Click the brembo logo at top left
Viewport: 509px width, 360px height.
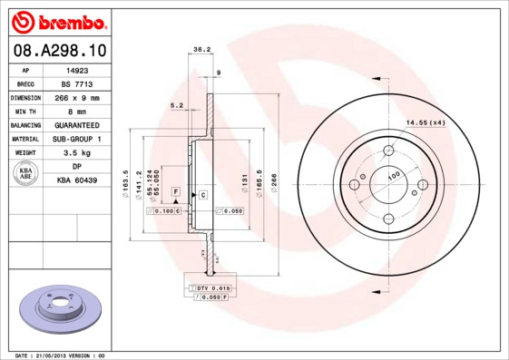56,20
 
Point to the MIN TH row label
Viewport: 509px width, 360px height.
24,111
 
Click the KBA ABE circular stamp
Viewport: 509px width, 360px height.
26,173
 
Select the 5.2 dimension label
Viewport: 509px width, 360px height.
177,106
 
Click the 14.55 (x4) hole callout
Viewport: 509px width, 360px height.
425,122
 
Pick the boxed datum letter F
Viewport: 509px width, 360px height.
176,194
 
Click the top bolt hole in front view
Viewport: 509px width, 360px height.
388,151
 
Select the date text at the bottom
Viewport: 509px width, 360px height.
62,355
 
